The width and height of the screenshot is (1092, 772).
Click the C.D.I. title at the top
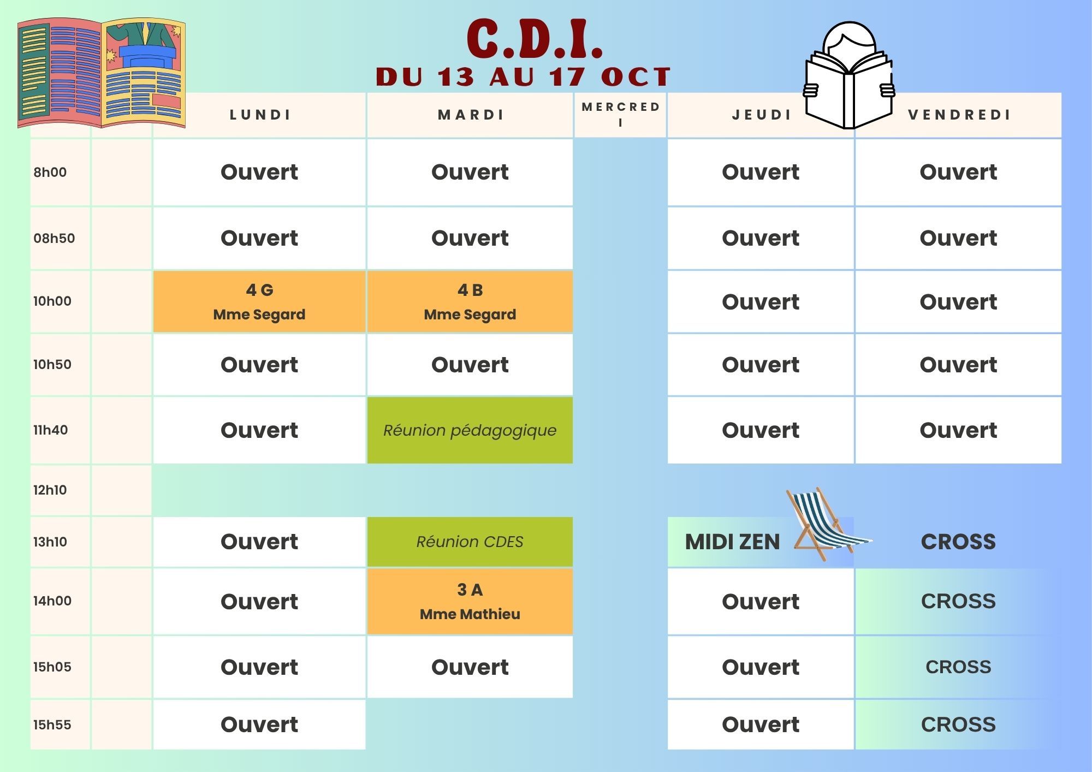click(x=535, y=39)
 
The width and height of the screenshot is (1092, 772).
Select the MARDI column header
click(x=471, y=115)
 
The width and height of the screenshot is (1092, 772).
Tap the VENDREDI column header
click(x=959, y=115)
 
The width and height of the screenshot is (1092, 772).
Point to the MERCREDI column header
click(x=621, y=115)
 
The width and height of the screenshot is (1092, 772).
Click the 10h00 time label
click(x=52, y=301)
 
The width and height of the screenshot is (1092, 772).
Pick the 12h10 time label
click(x=50, y=490)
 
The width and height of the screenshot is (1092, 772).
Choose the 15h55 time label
click(x=52, y=725)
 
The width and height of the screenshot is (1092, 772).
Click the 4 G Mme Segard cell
click(x=259, y=301)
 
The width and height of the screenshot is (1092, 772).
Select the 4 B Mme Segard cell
click(x=470, y=301)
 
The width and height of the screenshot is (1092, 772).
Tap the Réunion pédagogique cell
click(x=470, y=430)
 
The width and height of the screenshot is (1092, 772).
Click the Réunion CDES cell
click(x=470, y=542)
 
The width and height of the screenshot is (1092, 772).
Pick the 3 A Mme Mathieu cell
click(x=470, y=601)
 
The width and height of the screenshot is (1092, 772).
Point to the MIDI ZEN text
click(x=732, y=542)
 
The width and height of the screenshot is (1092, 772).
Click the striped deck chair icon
click(x=828, y=524)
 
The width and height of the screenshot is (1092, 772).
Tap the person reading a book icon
click(x=849, y=75)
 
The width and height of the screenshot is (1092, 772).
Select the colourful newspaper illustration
click(x=102, y=73)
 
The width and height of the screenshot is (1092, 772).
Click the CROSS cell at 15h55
click(x=958, y=725)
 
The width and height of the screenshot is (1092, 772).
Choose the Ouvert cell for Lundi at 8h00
click(x=259, y=172)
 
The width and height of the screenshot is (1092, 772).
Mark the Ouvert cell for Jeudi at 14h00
click(x=761, y=601)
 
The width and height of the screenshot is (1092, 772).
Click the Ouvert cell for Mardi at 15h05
click(x=470, y=667)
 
